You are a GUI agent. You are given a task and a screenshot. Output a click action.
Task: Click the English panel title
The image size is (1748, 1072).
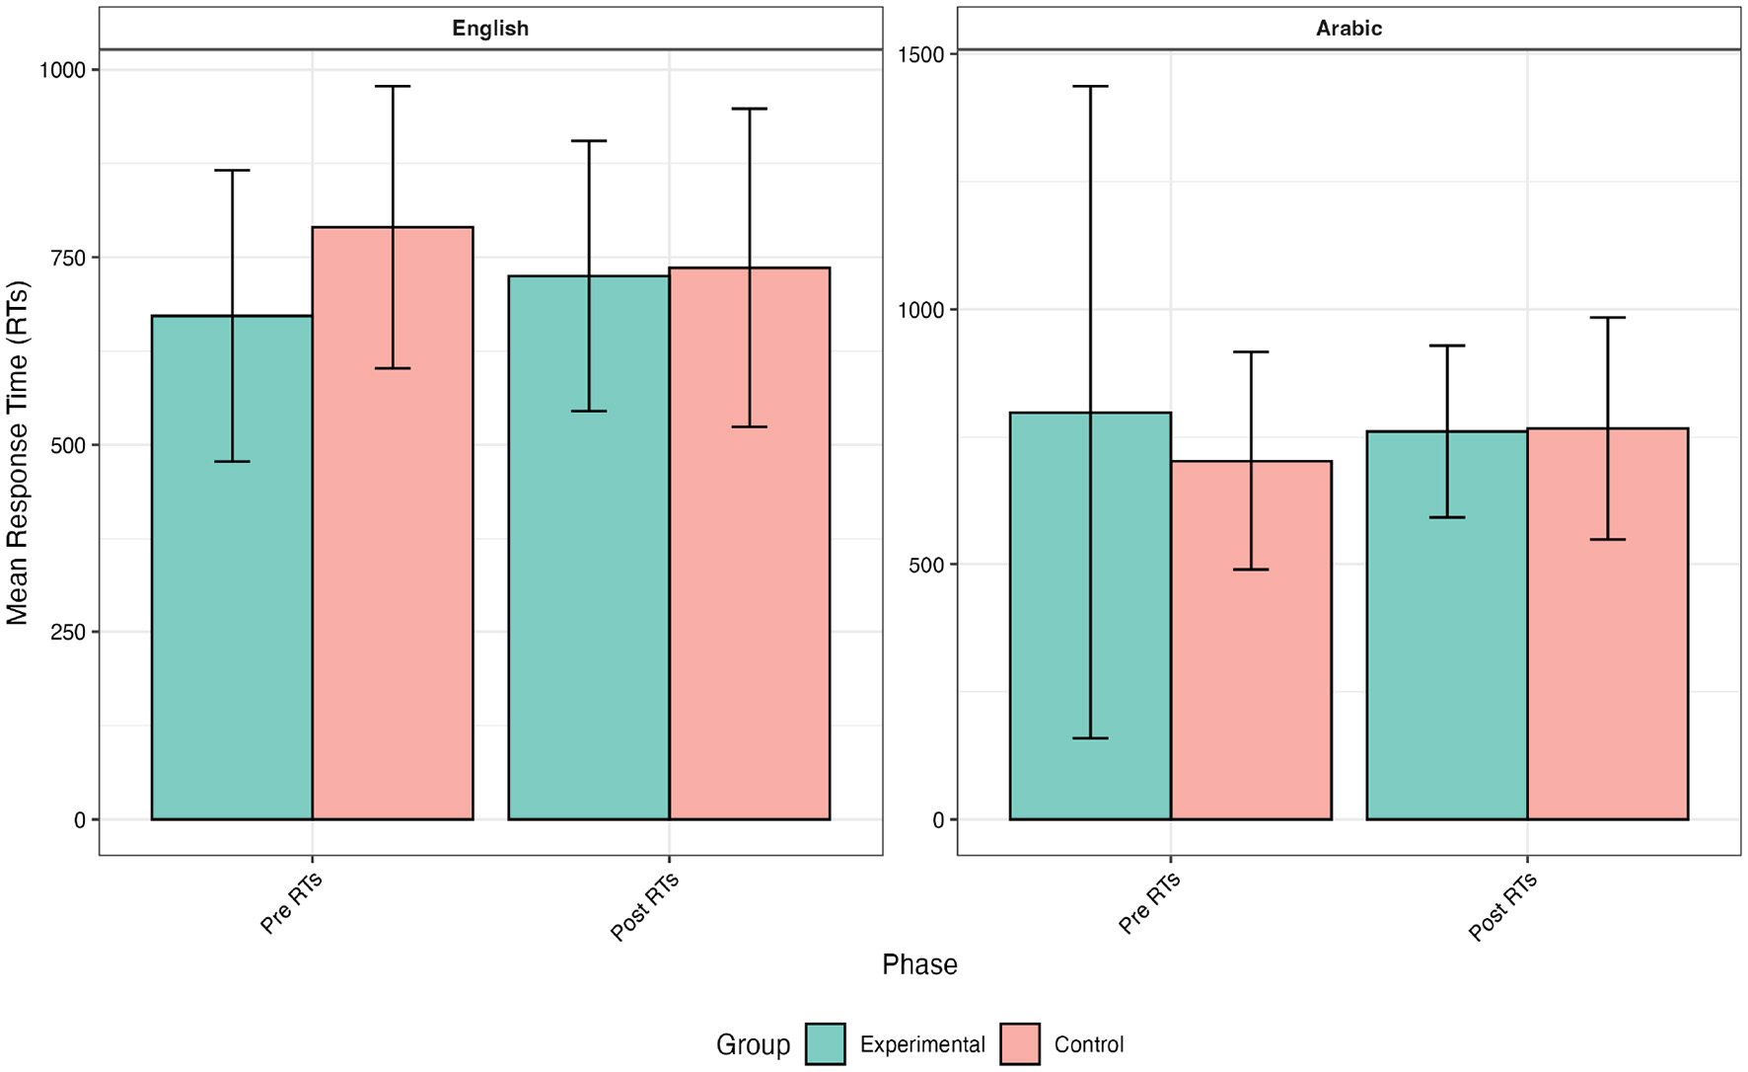(x=490, y=29)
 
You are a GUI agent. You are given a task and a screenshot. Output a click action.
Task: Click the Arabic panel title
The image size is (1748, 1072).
(x=1348, y=29)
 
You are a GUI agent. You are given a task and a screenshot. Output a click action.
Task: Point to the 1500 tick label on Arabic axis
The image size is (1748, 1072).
(x=921, y=54)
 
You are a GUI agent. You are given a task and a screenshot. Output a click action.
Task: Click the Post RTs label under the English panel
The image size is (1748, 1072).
(x=645, y=905)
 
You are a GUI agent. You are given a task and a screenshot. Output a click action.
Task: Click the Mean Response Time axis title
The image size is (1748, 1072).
(x=18, y=452)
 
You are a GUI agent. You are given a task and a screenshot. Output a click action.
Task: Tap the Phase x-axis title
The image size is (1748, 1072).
(x=919, y=964)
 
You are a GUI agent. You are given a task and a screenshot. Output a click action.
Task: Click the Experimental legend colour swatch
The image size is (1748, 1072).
(x=825, y=1044)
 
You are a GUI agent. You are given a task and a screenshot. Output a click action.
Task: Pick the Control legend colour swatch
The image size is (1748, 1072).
(x=1019, y=1044)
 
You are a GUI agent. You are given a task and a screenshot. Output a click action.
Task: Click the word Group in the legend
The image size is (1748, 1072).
(x=753, y=1044)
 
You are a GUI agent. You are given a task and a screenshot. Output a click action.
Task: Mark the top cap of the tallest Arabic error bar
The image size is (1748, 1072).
(x=1090, y=87)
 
